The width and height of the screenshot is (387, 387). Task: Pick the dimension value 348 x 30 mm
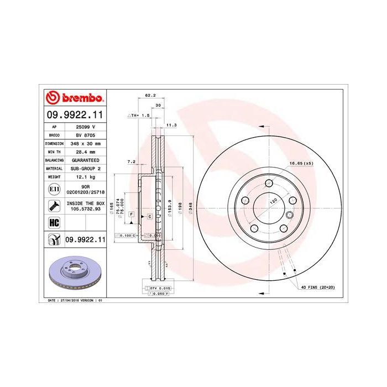[x=83, y=143]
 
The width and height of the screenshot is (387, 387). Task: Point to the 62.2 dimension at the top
[x=149, y=96]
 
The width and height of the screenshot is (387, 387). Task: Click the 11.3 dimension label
[x=171, y=125]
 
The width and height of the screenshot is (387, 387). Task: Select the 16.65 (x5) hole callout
[x=301, y=163]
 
